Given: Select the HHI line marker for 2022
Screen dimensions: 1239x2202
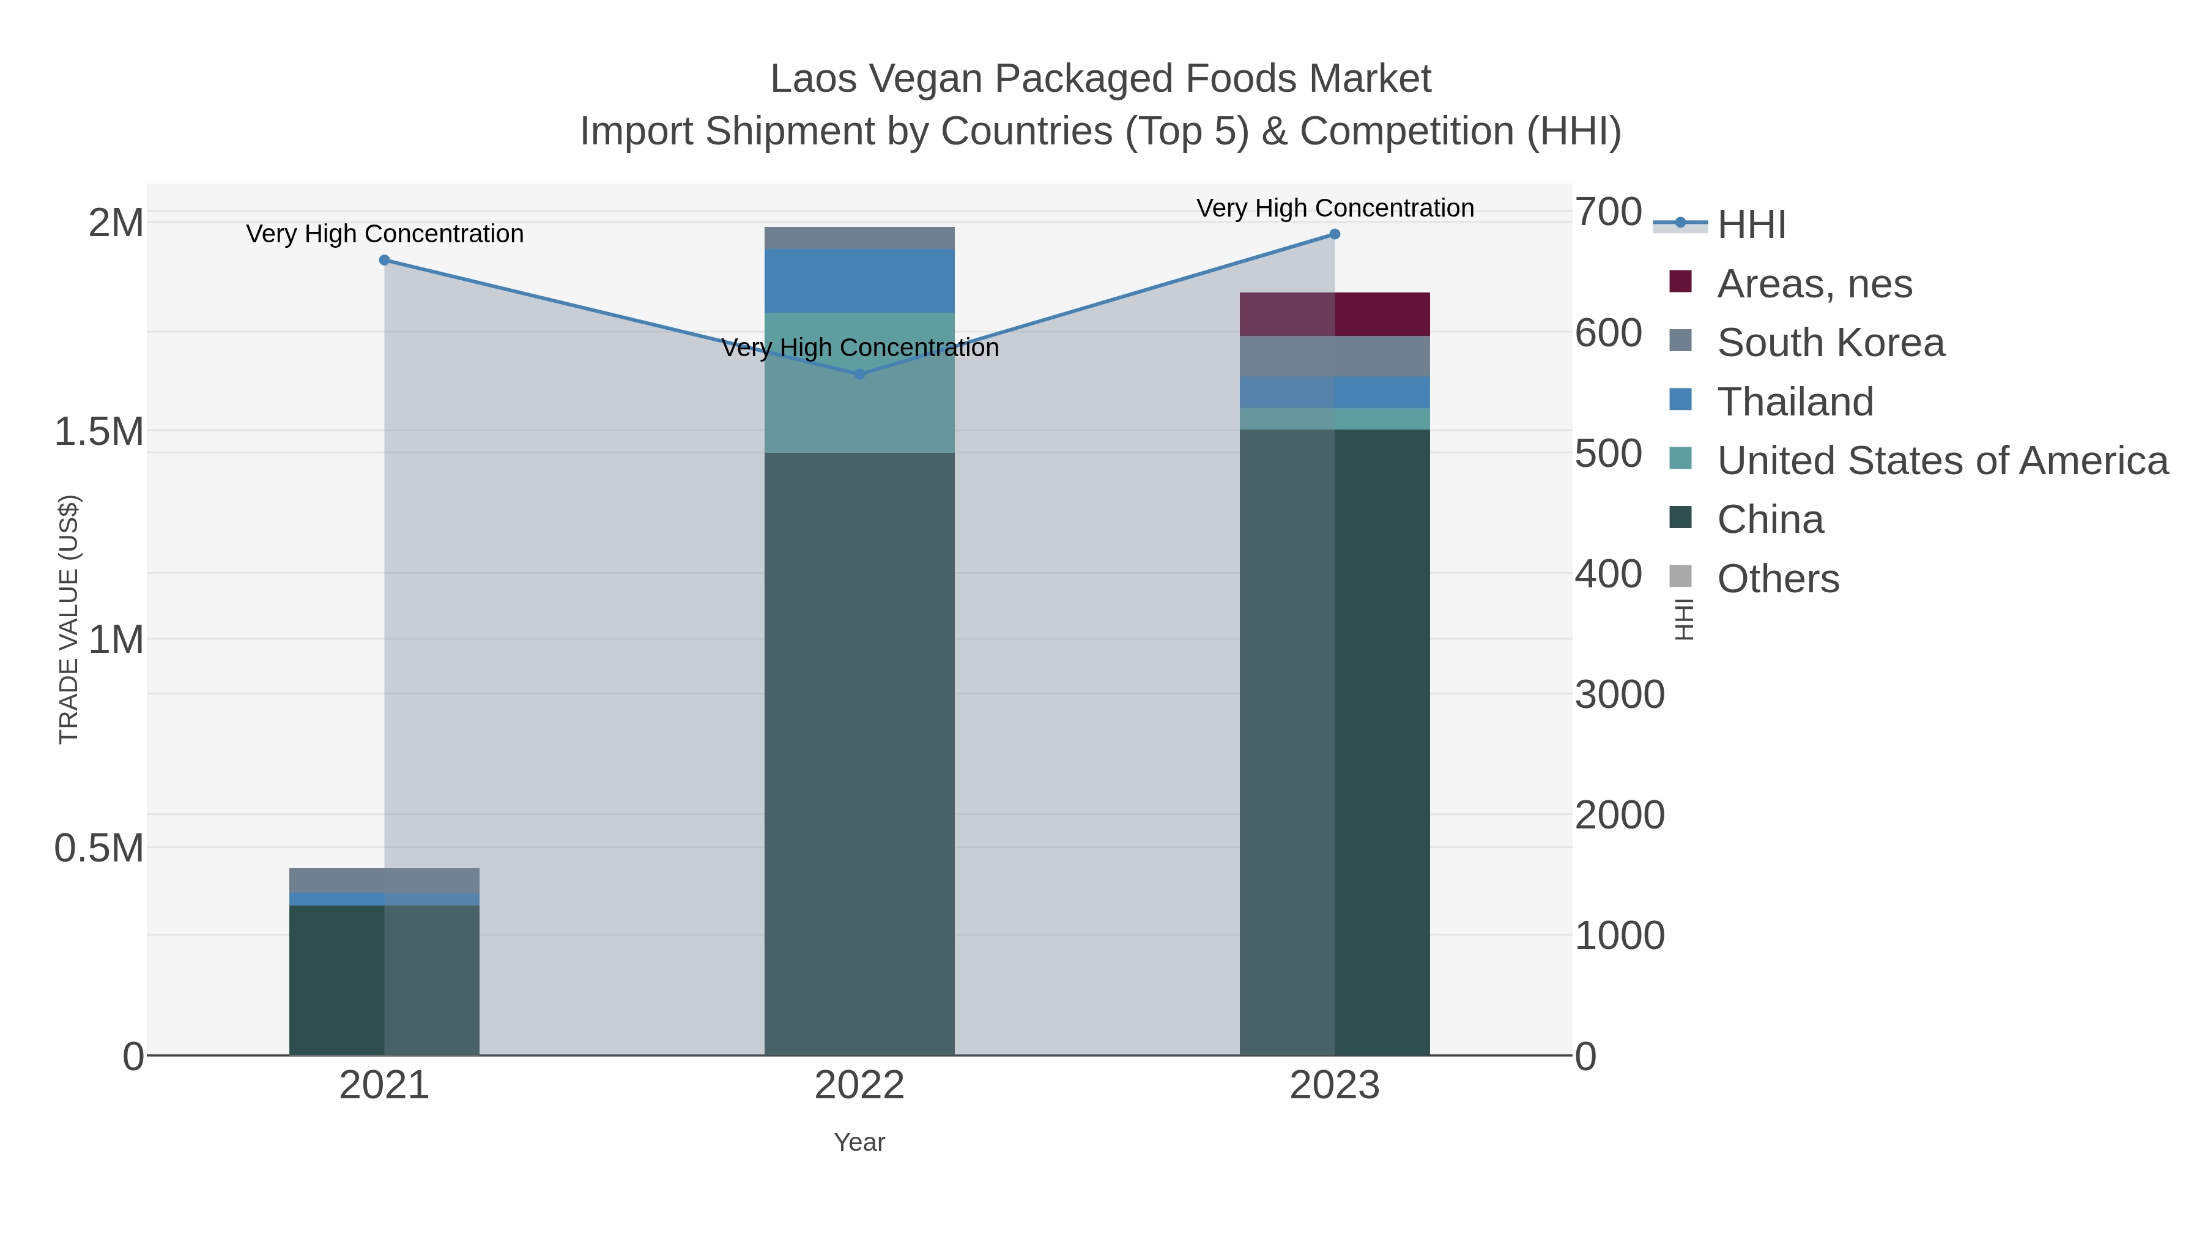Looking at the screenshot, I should (x=859, y=374).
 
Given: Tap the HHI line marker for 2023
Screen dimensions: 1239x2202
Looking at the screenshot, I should (x=1335, y=234).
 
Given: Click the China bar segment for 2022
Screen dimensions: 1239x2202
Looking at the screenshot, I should (x=859, y=753).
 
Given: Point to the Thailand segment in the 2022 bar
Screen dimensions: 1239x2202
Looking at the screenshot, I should (x=859, y=280).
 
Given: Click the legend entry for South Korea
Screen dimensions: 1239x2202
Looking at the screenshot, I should (x=1829, y=343).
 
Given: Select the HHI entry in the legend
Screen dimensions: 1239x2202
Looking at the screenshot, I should (x=1751, y=225).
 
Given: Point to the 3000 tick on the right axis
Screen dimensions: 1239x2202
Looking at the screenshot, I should (x=1619, y=695).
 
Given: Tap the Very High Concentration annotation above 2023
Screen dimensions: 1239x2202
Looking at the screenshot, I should (x=1335, y=208).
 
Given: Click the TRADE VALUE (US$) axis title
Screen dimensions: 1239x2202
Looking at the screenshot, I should (x=69, y=619).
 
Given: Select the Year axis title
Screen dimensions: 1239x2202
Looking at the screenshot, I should (x=859, y=1142).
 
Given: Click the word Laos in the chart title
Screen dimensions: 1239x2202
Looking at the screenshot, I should (x=812, y=79).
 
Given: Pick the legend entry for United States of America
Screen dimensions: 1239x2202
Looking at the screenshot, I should (x=1941, y=461).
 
